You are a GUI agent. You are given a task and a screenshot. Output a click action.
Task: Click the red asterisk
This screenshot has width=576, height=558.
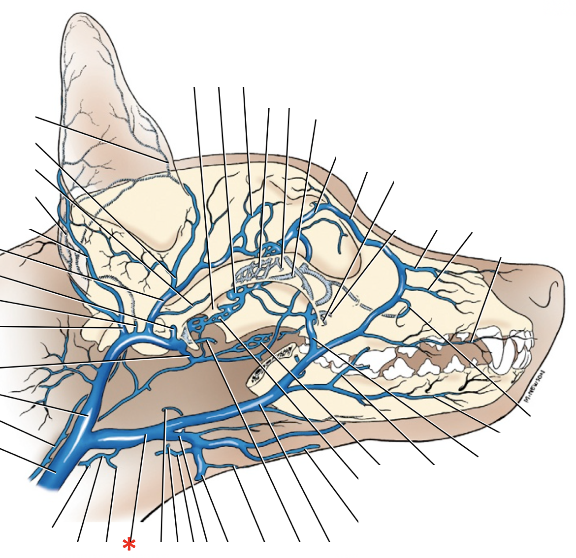coord(129,544)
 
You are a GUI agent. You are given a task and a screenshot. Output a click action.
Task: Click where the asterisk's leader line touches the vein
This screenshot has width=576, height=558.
coord(147,435)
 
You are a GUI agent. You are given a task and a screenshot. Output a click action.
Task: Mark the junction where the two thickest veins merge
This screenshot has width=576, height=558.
coord(91,433)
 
